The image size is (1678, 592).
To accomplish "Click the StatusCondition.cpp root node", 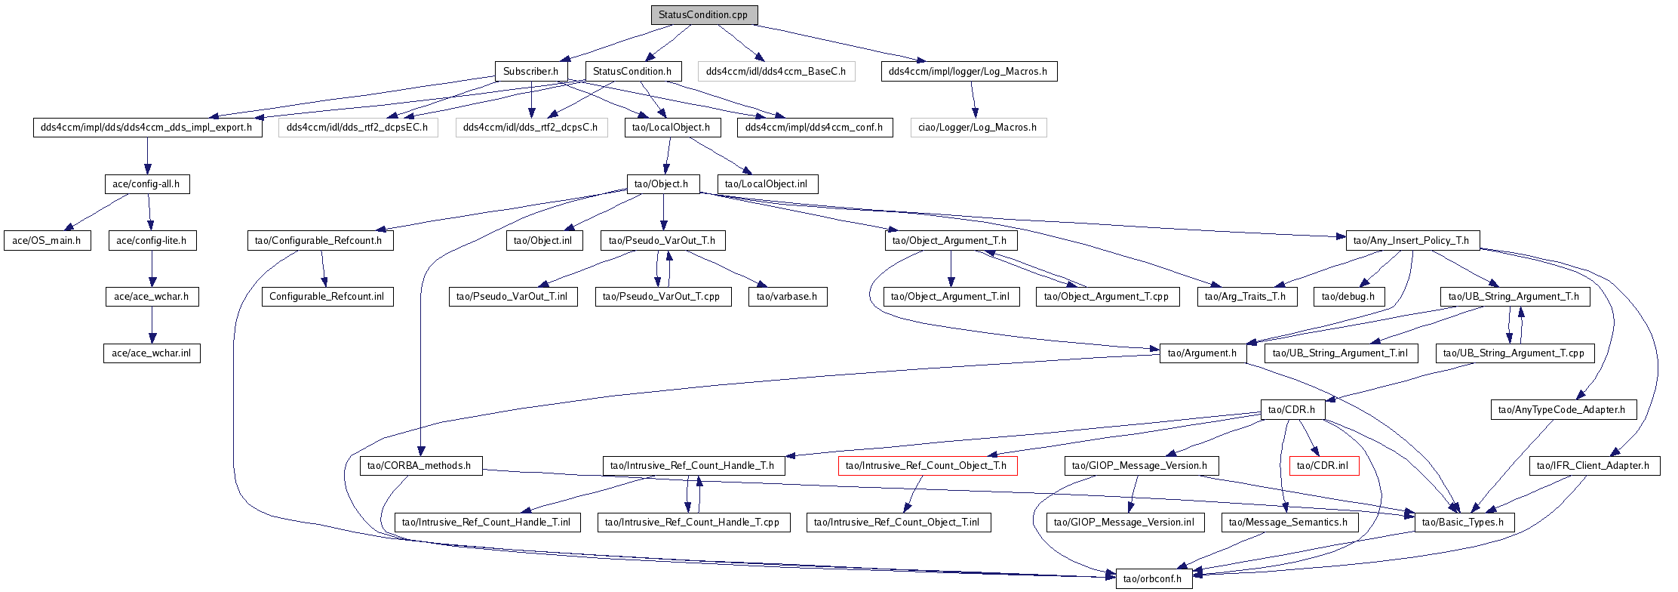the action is pos(704,15).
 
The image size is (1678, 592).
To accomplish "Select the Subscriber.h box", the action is pos(531,72).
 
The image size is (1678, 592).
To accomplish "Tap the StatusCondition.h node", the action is pos(632,72).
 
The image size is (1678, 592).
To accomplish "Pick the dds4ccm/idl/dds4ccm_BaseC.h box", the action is pos(776,72).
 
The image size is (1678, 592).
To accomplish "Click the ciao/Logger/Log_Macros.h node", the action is pos(978,128).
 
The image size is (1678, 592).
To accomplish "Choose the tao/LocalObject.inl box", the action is pos(767,184).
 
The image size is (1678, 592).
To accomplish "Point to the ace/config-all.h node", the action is pos(146,184).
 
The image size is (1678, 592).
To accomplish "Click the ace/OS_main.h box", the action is pos(47,241).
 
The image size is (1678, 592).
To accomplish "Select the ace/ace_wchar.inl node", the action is pos(152,353).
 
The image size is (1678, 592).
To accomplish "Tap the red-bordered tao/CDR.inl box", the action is pos(1324,466).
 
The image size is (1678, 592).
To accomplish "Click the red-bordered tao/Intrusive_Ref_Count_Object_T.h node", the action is pos(928,466).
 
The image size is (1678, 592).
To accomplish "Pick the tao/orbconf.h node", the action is pos(1154,579).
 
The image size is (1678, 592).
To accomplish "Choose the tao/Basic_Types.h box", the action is pos(1464,523).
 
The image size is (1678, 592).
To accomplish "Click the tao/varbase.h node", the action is pos(788,297).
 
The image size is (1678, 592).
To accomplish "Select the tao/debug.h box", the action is pos(1348,297).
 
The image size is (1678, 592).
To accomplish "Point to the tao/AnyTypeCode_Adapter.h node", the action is pos(1563,410).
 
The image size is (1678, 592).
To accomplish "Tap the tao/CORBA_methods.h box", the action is pos(420,466).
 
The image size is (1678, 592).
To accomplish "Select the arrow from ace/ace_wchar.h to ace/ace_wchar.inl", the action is pos(152,325).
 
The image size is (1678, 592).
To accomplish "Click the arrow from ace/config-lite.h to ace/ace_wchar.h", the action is pos(152,269).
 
